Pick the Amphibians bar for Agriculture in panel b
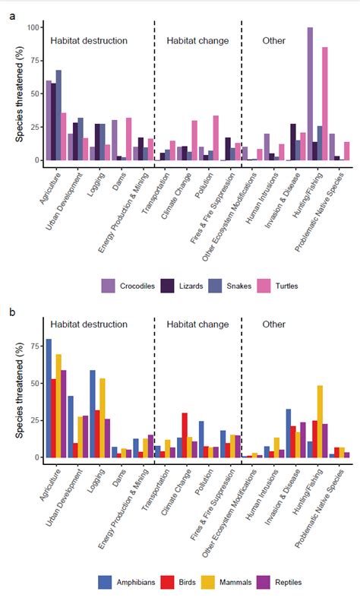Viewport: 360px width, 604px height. pos(49,399)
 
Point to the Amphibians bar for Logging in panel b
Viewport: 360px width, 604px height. pos(93,414)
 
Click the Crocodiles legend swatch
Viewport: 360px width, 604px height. pos(109,286)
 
